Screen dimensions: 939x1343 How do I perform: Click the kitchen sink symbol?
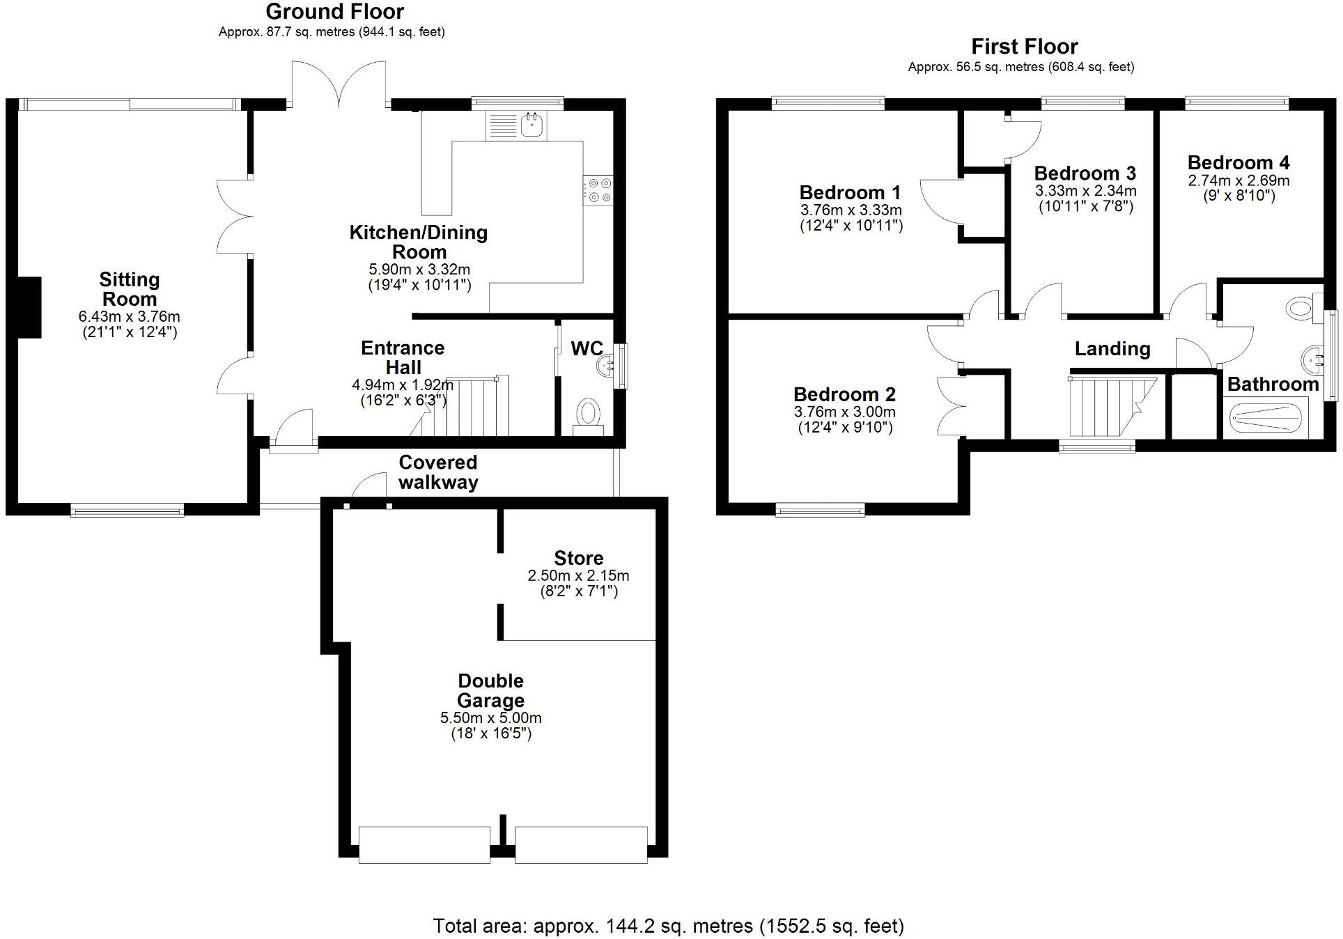point(533,125)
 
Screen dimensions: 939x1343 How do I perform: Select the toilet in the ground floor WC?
point(589,414)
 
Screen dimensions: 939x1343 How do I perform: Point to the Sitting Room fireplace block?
point(29,307)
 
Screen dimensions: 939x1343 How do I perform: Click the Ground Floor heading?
point(334,12)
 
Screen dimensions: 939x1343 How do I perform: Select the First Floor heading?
point(1024,47)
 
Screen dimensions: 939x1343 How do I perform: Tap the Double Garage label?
point(491,690)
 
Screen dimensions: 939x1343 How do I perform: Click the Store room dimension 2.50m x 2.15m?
point(578,576)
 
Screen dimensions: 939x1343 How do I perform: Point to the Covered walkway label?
point(438,472)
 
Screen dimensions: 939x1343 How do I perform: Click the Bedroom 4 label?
point(1238,163)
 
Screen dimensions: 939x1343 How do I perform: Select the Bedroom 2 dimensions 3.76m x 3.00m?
point(844,412)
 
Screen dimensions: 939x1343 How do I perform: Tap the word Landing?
point(1112,349)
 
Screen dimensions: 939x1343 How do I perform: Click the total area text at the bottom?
point(668,926)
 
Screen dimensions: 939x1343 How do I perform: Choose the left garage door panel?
point(424,844)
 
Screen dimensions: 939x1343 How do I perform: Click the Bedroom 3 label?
point(1085,173)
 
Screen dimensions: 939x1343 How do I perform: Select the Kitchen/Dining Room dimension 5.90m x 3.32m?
point(419,270)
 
